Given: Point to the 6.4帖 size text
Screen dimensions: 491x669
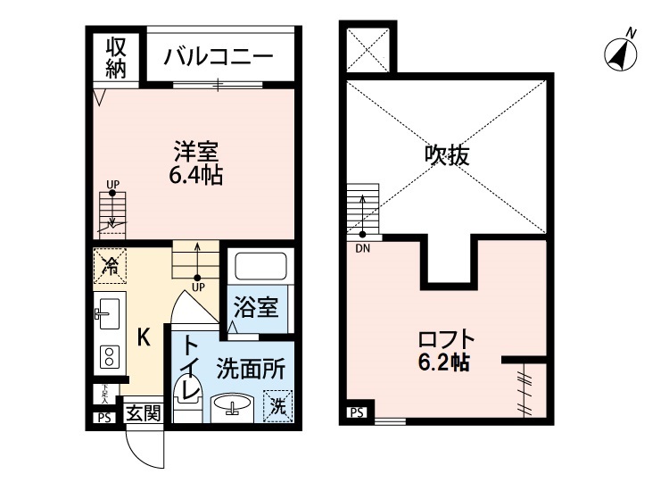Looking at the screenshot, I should pos(195,175).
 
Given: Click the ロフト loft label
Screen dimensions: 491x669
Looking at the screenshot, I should pos(445,341).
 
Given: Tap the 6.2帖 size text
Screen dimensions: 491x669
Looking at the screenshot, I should pos(445,363).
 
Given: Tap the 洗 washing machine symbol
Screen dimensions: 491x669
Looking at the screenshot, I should pos(279,407).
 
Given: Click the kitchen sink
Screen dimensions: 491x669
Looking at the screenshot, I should pos(106,312).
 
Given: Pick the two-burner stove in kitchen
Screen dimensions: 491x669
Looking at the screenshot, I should pos(109,357).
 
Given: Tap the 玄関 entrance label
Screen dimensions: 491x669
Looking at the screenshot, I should pos(143,412).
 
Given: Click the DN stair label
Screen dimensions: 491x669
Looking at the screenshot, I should pos(362,248).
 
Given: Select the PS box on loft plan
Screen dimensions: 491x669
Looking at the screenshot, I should pos(356,412).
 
